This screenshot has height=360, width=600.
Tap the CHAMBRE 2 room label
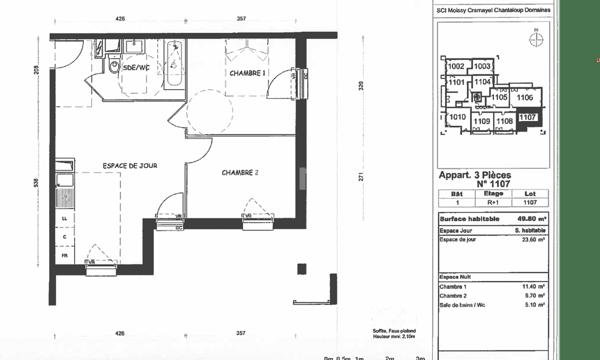coord(240,172)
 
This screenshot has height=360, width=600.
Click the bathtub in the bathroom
coord(175,65)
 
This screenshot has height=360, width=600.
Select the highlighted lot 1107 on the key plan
coord(530,118)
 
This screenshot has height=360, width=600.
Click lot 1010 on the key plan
coord(457,117)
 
